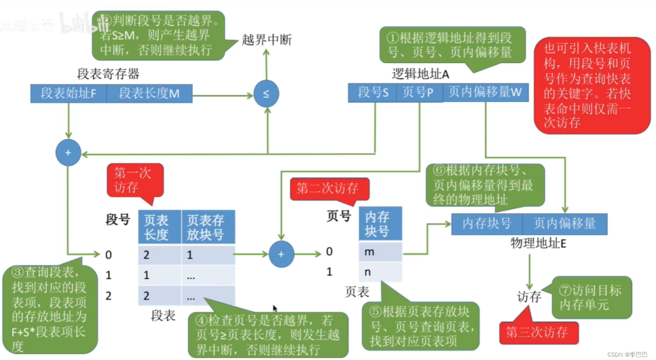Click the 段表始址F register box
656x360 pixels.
(68, 94)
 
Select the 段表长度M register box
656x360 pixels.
(148, 94)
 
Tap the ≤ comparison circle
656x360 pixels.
(266, 94)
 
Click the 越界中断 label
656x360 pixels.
(266, 40)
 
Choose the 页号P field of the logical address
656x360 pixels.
(419, 93)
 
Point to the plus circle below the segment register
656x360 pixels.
(68, 154)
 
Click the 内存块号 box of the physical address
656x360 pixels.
(486, 223)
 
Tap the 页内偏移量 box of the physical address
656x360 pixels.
(564, 223)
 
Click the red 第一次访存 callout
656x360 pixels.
(132, 181)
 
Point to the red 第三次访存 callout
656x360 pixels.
(541, 333)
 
